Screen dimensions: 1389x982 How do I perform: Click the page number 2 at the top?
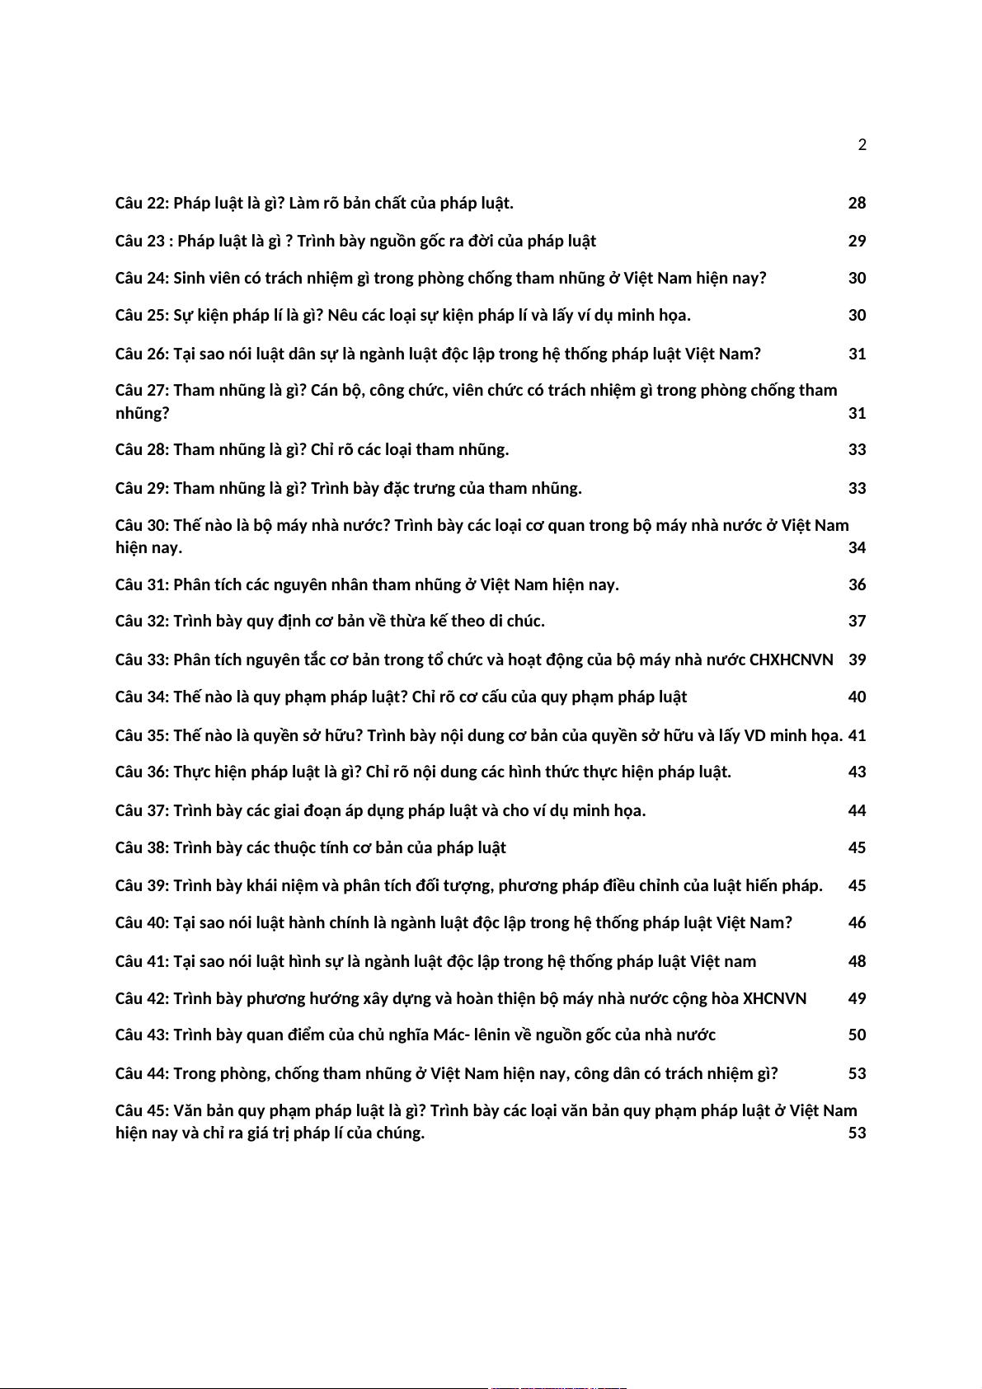(x=862, y=145)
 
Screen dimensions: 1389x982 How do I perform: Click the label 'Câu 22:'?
(x=142, y=203)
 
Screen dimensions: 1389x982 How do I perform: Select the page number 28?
(x=857, y=203)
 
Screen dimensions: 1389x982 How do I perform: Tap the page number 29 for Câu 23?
(x=857, y=241)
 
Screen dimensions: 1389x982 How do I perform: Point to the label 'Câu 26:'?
(x=142, y=354)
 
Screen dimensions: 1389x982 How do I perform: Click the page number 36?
(x=857, y=584)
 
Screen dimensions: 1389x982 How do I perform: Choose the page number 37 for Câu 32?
(x=857, y=621)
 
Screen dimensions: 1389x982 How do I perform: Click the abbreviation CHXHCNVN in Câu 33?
(x=791, y=659)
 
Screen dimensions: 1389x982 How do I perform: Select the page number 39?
(x=857, y=659)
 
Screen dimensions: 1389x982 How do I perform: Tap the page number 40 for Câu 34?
(x=857, y=697)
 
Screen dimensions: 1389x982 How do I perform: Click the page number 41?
(x=857, y=735)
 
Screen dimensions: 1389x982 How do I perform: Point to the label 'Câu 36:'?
(x=142, y=772)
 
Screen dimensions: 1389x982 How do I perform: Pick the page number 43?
(x=857, y=772)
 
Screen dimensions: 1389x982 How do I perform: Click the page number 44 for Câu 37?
(x=857, y=810)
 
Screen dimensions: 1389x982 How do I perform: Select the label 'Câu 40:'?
(x=142, y=922)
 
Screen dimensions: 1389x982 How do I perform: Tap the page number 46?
(x=857, y=922)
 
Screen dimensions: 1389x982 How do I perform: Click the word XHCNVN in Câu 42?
(x=774, y=998)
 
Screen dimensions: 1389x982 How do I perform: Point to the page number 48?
(x=857, y=961)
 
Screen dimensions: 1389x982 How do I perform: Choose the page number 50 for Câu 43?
(x=857, y=1035)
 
